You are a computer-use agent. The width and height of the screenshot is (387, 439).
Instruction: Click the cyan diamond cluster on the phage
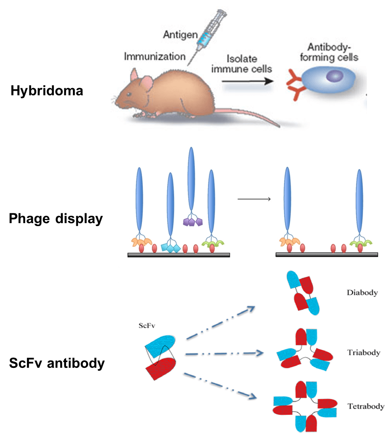pos(171,246)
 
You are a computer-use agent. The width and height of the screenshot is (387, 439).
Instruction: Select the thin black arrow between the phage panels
pos(254,198)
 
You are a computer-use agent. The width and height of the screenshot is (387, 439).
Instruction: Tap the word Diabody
pos(362,293)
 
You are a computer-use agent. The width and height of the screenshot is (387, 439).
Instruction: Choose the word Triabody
pos(364,353)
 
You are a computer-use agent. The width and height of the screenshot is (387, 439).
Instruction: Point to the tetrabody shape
pos(306,406)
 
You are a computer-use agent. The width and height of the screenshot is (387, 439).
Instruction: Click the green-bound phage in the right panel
pos(358,209)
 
